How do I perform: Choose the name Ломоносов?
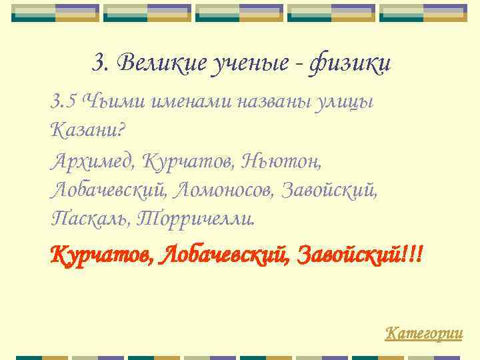pos(224,190)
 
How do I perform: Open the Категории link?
pos(424,332)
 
